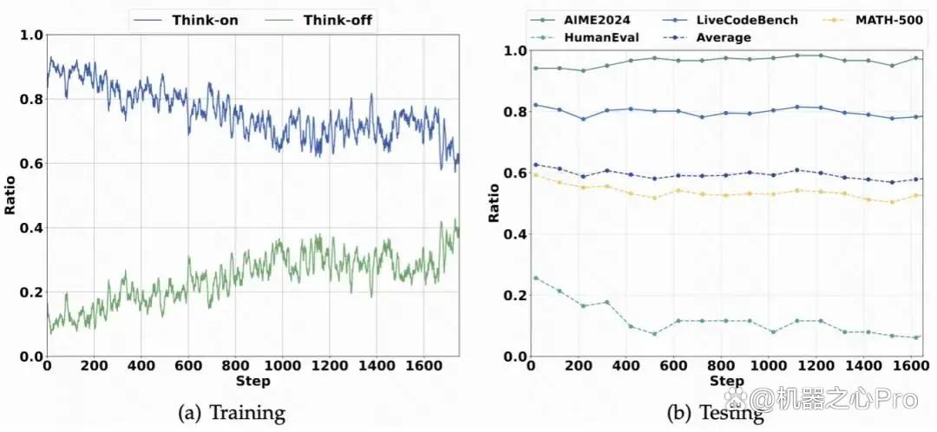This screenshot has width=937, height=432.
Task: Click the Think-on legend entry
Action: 187,20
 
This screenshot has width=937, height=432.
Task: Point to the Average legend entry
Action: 707,37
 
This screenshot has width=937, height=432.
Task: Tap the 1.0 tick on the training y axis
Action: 32,36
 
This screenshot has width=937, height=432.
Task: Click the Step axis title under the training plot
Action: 252,382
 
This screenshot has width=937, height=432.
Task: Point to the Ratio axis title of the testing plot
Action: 494,204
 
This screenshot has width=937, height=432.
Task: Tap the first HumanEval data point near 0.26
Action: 535,278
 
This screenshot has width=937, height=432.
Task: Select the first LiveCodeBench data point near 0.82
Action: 535,105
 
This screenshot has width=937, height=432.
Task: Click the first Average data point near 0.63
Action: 535,164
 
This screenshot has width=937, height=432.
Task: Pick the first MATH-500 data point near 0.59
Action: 535,175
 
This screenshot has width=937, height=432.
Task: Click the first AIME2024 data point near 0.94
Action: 535,69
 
